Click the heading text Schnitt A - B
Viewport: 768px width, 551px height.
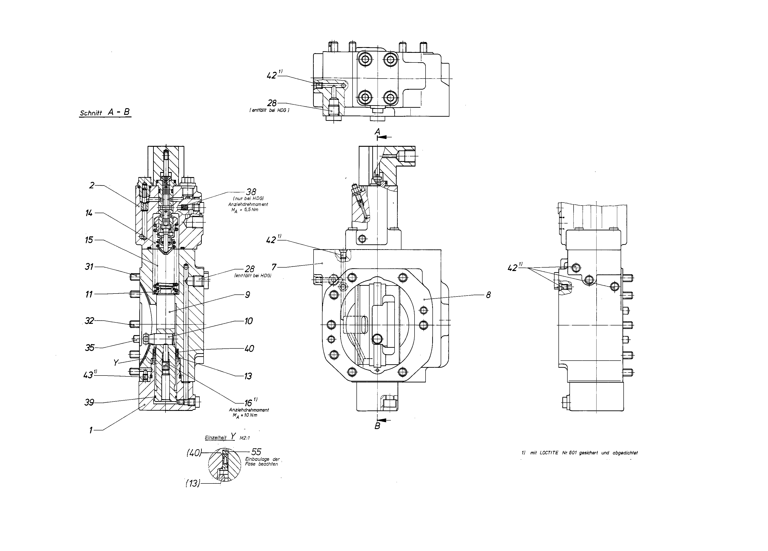105,113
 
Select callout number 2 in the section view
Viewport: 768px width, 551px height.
91,185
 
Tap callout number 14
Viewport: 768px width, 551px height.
89,213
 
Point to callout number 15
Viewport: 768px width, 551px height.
89,240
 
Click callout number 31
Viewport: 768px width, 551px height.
89,267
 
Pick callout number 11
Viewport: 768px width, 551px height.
89,294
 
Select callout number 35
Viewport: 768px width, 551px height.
89,348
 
